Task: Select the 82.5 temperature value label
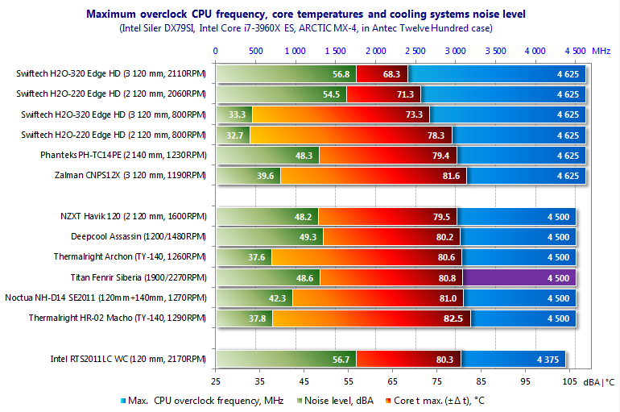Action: click(x=455, y=318)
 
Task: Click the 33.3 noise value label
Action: click(x=237, y=114)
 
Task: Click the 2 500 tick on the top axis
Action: click(x=415, y=50)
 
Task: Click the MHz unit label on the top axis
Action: click(x=601, y=50)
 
